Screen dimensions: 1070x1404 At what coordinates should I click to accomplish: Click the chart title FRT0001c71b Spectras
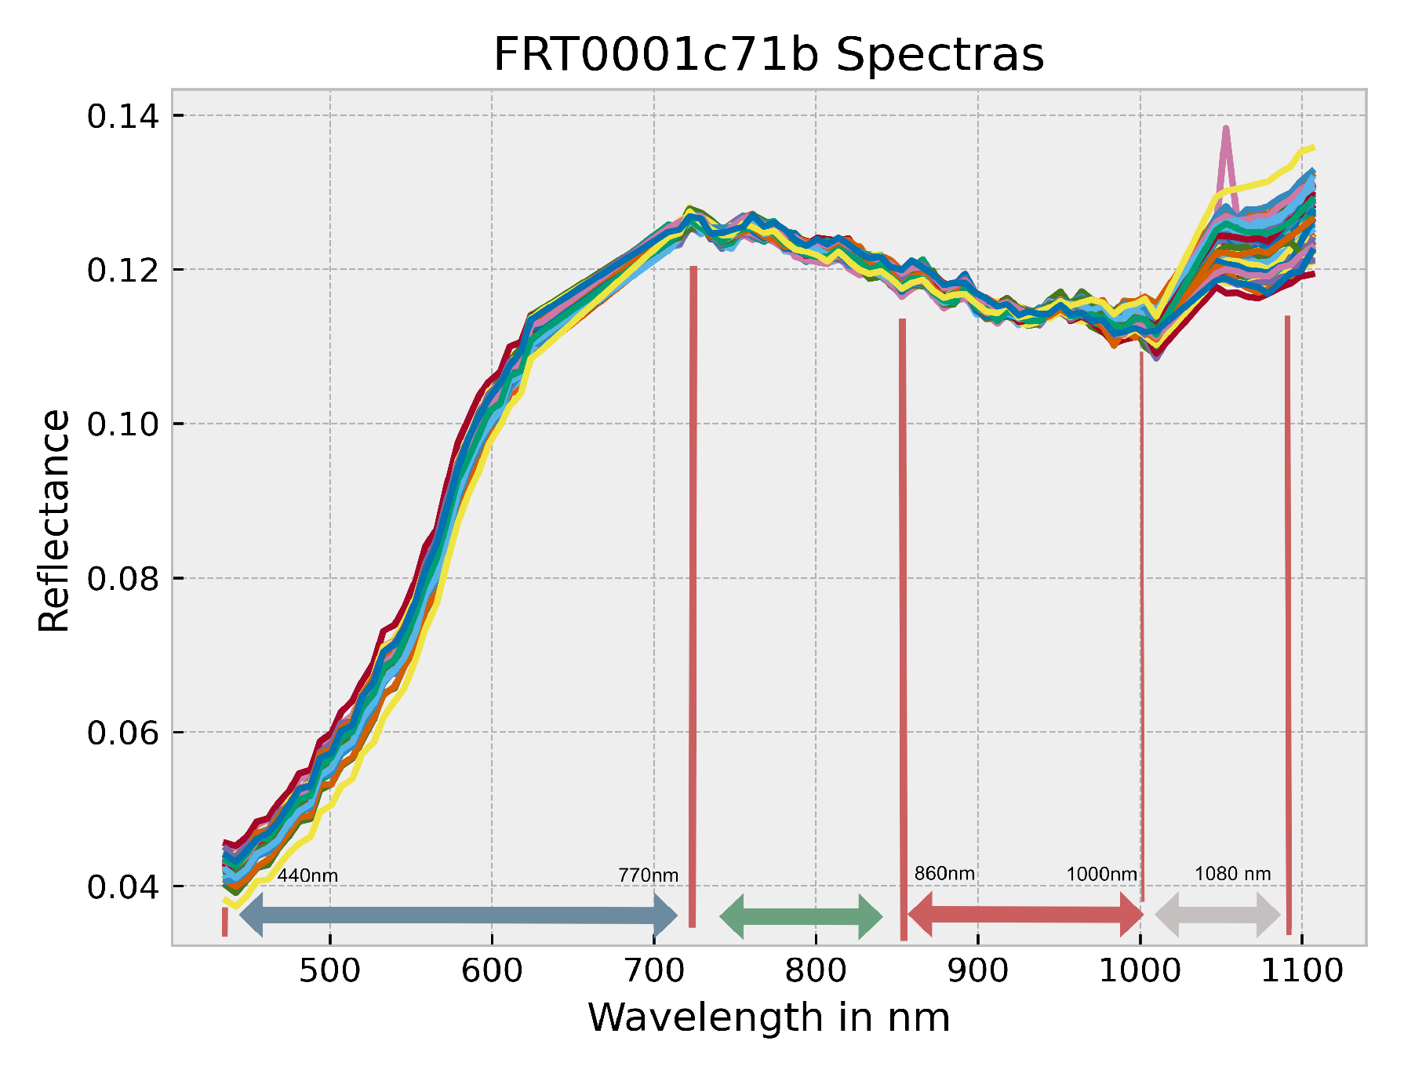pos(769,55)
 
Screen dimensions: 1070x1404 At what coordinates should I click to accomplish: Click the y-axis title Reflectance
pos(54,521)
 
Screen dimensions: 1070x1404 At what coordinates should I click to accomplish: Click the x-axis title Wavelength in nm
pos(769,1018)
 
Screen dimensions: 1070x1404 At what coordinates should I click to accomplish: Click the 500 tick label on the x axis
pos(329,971)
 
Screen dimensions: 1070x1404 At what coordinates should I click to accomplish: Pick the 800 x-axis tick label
pos(816,971)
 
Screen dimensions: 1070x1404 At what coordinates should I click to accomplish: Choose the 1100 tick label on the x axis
pos(1302,971)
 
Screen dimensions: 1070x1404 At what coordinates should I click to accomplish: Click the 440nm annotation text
pos(307,875)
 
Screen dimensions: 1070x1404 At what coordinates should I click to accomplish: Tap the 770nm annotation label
pos(648,875)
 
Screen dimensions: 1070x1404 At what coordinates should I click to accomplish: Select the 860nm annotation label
pos(944,874)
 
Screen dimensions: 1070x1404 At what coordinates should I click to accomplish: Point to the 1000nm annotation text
pos(1101,875)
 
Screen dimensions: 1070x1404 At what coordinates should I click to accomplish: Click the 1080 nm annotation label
pos(1232,874)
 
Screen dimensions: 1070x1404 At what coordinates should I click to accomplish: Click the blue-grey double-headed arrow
pos(458,915)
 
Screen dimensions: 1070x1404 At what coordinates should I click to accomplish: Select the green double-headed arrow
pos(801,916)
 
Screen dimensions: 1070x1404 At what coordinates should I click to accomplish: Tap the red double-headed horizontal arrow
pos(1025,915)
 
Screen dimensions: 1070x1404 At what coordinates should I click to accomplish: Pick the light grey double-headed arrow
pos(1217,915)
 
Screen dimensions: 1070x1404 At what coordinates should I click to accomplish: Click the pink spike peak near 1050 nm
pos(1225,129)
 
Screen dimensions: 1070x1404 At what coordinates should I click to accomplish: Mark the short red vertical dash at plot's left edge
pos(225,922)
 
